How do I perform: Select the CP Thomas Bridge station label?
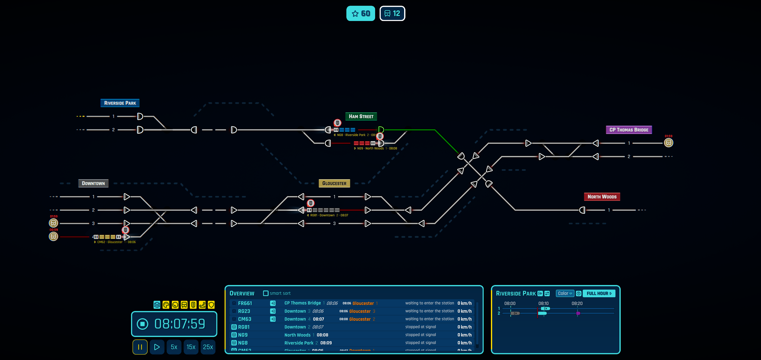(628, 130)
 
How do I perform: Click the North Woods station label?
(601, 197)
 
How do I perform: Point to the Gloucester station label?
(334, 183)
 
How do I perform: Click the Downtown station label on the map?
(93, 183)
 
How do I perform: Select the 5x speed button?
(174, 347)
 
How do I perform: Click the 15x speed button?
(191, 347)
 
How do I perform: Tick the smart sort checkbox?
(266, 293)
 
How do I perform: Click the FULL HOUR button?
(598, 293)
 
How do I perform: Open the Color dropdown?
(564, 293)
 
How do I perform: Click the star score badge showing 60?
(360, 13)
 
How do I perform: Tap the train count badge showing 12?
(392, 13)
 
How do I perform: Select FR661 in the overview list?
(245, 303)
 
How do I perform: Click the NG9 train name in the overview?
(243, 335)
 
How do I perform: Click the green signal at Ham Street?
(381, 130)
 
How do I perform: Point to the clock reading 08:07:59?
(179, 324)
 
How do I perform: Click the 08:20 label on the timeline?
(577, 303)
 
